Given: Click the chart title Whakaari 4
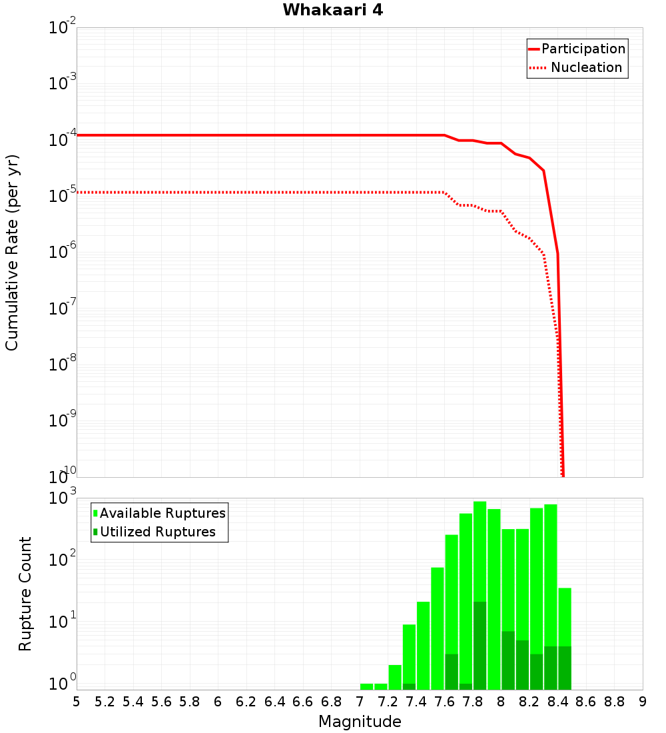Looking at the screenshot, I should pyautogui.click(x=332, y=11).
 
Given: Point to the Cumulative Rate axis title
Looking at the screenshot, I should pyautogui.click(x=12, y=253).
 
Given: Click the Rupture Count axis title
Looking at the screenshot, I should pyautogui.click(x=25, y=594).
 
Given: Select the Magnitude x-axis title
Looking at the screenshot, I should pyautogui.click(x=360, y=722).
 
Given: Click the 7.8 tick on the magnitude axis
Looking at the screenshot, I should pyautogui.click(x=473, y=702).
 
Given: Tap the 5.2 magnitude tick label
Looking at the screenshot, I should pyautogui.click(x=105, y=702).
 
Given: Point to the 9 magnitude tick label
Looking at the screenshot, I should pyautogui.click(x=642, y=702).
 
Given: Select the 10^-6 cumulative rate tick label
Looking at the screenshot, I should pyautogui.click(x=63, y=254).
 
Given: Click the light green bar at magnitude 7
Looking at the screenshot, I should pyautogui.click(x=366, y=686).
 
